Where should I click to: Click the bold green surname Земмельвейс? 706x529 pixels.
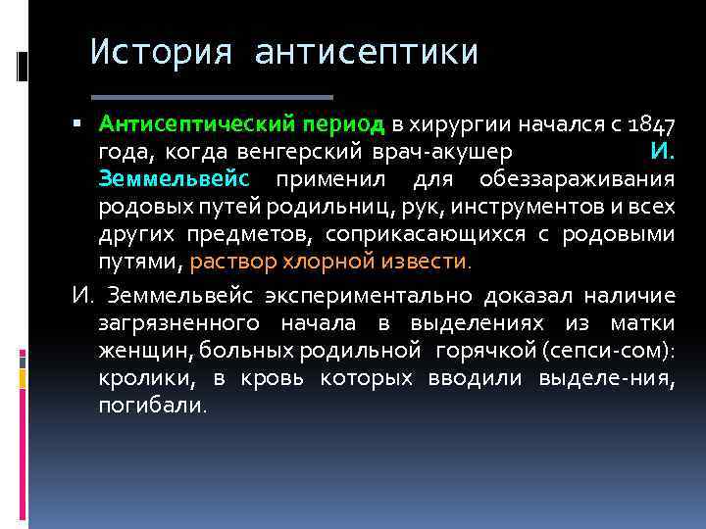coord(175,180)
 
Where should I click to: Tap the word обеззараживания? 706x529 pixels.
coord(577,180)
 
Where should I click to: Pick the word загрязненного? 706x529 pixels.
coord(178,322)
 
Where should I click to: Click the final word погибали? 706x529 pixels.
coord(152,405)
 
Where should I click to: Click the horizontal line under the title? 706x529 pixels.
coord(213,97)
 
